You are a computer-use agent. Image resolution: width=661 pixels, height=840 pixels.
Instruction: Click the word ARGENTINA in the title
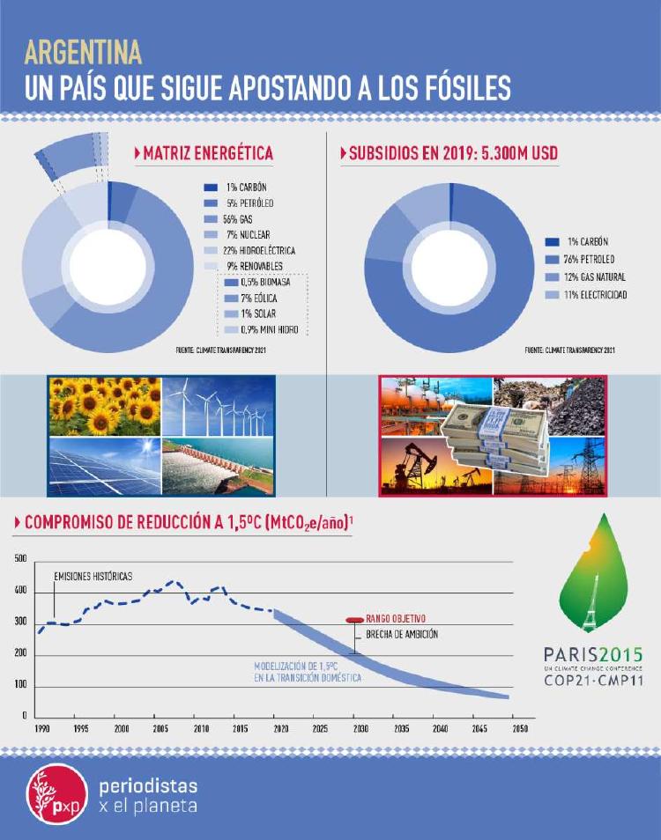click(84, 54)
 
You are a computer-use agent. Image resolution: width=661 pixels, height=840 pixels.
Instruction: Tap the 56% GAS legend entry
click(236, 218)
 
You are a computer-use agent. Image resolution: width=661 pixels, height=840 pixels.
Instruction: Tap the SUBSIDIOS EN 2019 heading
click(453, 153)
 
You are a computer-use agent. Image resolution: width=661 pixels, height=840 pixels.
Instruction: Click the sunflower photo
click(106, 406)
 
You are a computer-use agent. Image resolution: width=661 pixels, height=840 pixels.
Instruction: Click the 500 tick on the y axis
click(20, 559)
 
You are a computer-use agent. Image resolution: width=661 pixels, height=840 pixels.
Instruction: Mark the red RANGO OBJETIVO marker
click(353, 620)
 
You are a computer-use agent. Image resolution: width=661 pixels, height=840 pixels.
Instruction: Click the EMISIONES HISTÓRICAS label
click(93, 576)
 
